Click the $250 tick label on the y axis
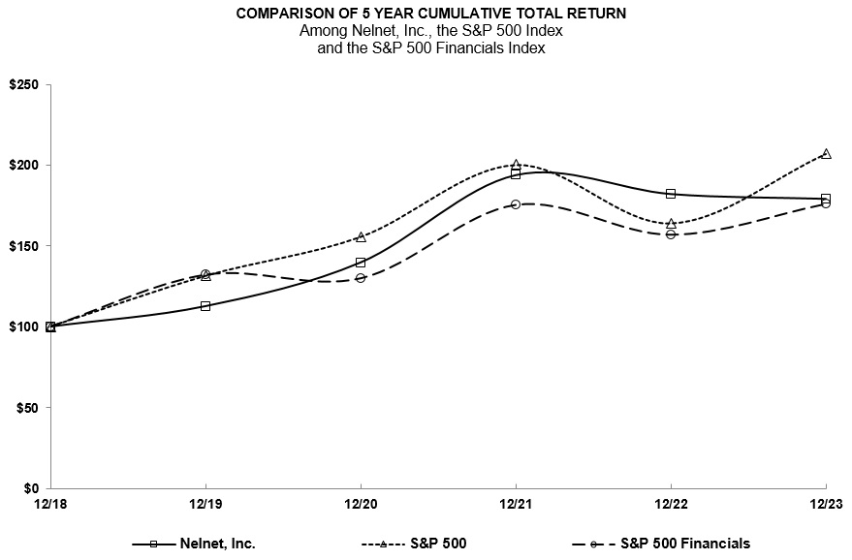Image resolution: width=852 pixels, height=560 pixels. coord(23,85)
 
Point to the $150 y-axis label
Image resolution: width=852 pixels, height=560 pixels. coord(23,246)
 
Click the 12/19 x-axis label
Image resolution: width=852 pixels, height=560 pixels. coord(205,505)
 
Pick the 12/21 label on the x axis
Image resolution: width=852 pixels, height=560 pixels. coord(516,505)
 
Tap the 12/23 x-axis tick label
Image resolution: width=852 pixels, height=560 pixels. coord(825,505)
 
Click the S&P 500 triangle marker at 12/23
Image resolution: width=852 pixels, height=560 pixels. coord(826,153)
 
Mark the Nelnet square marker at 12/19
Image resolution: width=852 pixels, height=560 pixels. coord(205,306)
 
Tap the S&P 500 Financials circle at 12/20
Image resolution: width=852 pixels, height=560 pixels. coord(361,278)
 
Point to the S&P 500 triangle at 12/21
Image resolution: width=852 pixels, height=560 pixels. coord(516,165)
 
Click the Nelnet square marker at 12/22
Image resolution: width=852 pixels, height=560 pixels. coord(671,194)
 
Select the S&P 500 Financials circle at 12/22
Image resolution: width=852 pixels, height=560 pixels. coord(671,234)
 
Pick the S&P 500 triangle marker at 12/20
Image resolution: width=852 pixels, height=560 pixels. coord(361,237)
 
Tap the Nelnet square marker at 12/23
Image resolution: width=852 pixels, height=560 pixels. coord(826,199)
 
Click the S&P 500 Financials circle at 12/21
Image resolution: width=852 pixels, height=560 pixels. coord(516,204)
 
